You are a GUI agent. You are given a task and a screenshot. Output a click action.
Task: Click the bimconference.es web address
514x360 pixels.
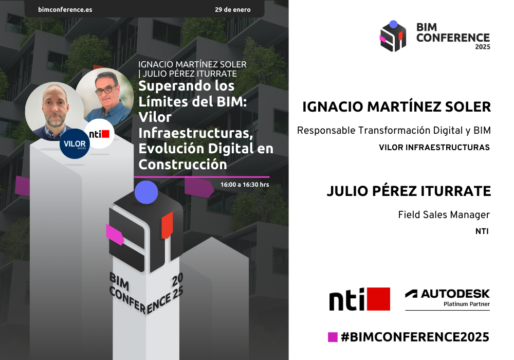[65, 9]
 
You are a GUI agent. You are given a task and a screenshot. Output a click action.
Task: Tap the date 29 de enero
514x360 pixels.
[233, 9]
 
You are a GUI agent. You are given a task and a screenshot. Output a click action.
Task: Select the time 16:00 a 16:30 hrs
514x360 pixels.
[245, 185]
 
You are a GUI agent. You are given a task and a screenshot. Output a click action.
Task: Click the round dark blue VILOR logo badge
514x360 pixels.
[75, 143]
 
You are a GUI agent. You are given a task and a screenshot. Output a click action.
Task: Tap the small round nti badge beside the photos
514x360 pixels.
[99, 134]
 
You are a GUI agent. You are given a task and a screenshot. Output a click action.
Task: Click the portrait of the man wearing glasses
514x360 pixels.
[105, 96]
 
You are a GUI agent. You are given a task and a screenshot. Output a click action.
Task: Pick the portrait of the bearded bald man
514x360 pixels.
[55, 111]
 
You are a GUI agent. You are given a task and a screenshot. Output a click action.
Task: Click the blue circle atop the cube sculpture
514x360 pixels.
[146, 192]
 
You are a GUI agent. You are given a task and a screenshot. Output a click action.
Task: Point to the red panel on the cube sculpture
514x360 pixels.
[167, 225]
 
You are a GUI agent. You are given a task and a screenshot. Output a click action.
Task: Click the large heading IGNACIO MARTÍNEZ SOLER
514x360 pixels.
[397, 107]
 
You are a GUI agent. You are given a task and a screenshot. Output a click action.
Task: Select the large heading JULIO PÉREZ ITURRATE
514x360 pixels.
[409, 191]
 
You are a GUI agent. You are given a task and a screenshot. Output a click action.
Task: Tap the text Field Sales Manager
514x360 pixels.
[444, 215]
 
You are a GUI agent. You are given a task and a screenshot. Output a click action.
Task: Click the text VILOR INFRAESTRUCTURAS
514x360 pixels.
[434, 148]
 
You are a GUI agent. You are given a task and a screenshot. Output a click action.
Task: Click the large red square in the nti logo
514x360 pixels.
[379, 299]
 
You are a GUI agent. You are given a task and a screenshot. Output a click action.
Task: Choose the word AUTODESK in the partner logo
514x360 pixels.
[455, 294]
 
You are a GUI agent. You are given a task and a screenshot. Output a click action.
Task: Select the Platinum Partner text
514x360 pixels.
[467, 304]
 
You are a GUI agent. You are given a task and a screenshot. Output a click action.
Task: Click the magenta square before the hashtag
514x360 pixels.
[333, 337]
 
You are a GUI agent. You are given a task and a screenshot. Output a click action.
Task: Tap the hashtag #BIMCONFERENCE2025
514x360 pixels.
[415, 337]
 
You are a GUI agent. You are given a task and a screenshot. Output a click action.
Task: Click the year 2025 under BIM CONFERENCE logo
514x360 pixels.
[483, 47]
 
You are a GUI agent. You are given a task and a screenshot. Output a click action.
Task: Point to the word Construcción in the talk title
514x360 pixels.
[182, 164]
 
